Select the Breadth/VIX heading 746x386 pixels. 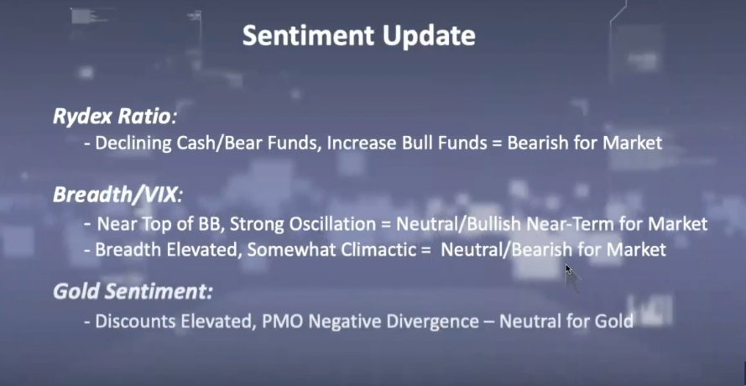pyautogui.click(x=117, y=195)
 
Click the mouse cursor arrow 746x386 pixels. pyautogui.click(x=569, y=269)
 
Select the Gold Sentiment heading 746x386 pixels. pyautogui.click(x=133, y=292)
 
